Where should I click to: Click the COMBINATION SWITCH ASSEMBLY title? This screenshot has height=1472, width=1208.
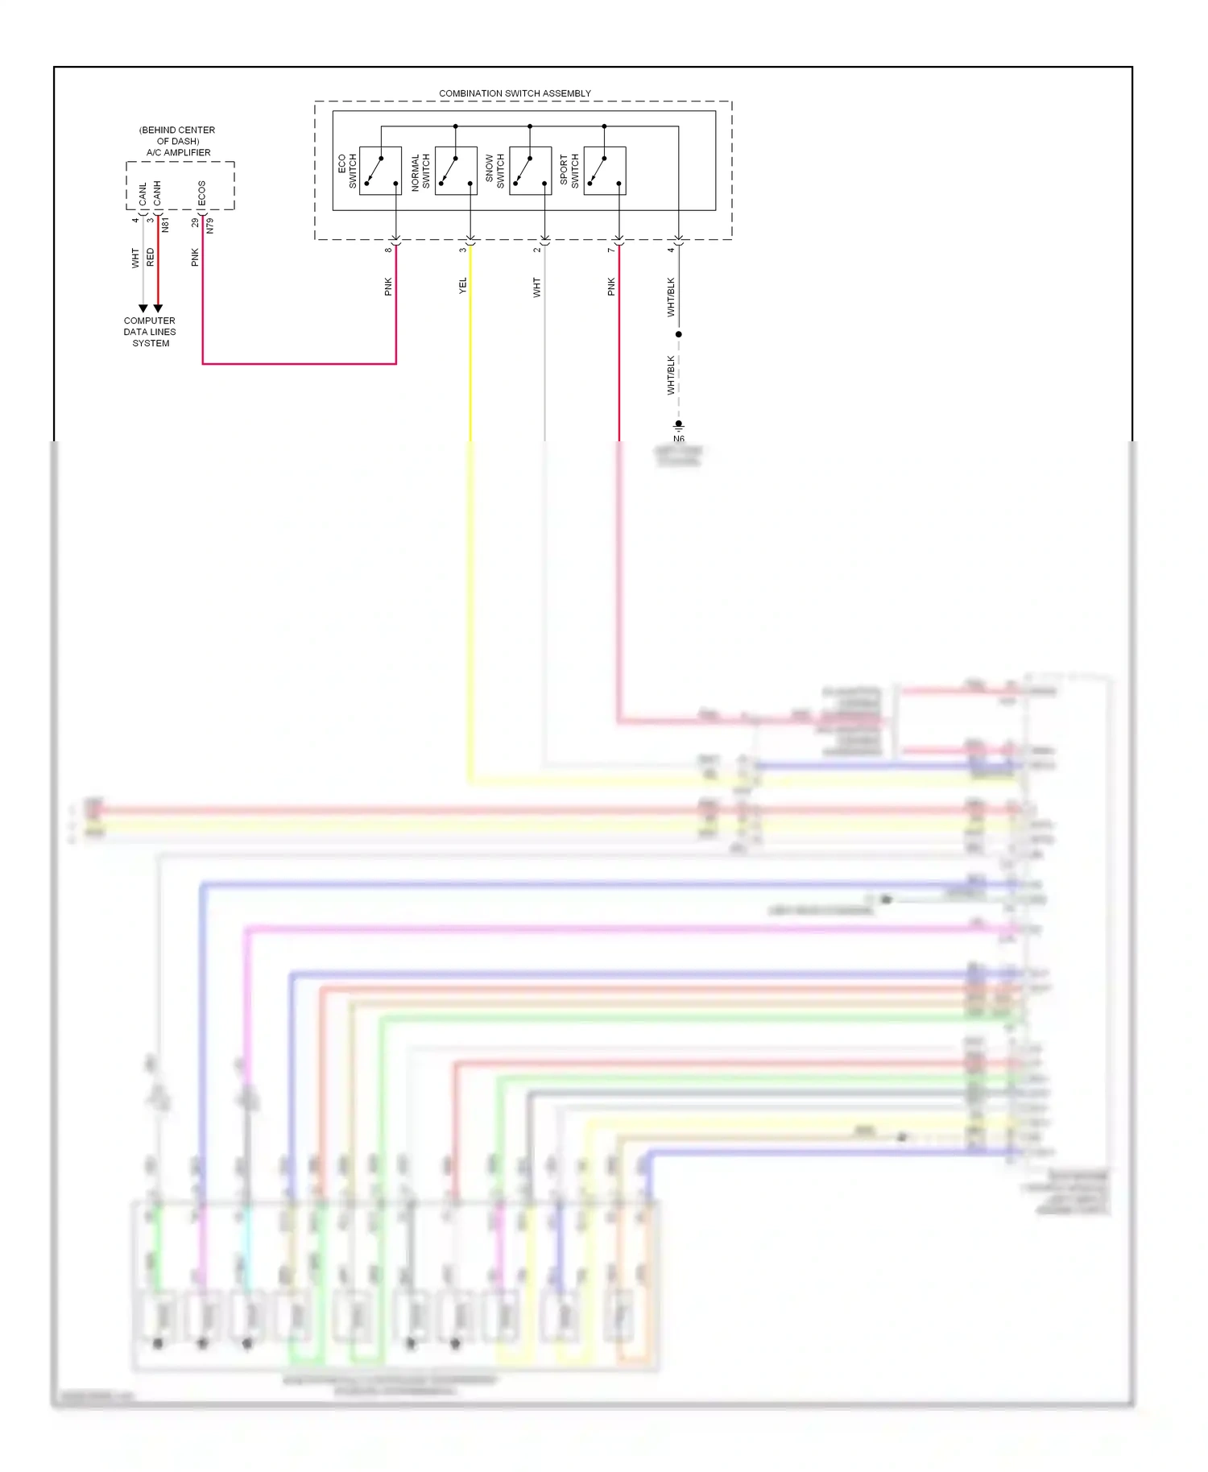(515, 93)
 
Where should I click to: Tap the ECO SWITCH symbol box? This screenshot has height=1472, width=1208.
(380, 171)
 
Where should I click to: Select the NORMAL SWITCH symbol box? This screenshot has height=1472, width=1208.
(456, 171)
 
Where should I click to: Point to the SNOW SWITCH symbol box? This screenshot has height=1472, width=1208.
(530, 171)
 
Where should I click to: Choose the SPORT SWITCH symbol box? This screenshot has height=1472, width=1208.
(604, 171)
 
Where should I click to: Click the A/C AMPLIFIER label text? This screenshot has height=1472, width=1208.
(178, 152)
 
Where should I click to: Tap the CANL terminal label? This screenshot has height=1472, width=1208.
(143, 192)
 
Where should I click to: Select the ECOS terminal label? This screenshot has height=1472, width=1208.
(201, 192)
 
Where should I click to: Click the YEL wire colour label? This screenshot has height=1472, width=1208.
(462, 286)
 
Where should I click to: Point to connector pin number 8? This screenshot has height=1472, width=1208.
(387, 250)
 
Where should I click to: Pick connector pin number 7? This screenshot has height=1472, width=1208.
(610, 250)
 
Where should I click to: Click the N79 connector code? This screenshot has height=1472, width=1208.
(210, 225)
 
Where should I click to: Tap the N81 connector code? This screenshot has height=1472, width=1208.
(165, 225)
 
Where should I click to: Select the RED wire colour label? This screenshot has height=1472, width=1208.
(150, 258)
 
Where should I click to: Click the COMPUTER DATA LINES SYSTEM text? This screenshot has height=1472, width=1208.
(150, 332)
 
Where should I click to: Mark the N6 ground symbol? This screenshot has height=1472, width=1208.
(679, 427)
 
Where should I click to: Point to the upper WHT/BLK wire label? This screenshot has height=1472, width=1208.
(670, 297)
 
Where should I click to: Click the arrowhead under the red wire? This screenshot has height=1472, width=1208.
(158, 308)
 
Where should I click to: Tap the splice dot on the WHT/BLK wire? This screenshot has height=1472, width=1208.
(679, 334)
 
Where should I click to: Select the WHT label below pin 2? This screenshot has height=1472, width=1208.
(536, 287)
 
